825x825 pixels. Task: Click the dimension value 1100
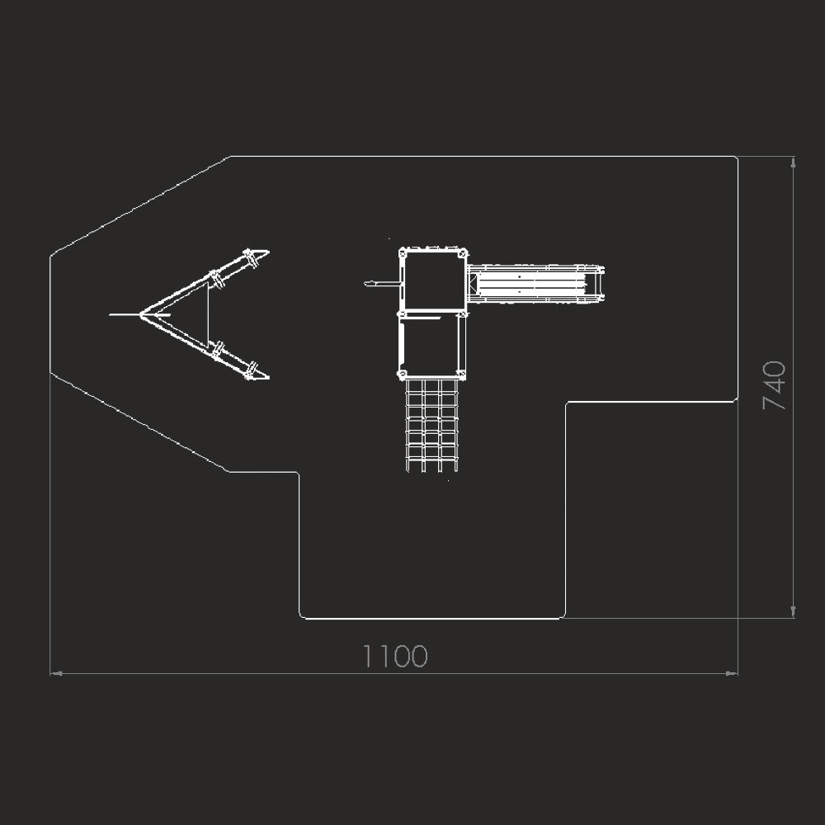tap(395, 656)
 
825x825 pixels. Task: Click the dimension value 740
tap(774, 385)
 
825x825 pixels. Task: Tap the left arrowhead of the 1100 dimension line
tap(56, 673)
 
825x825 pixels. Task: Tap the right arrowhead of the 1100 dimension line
tap(732, 673)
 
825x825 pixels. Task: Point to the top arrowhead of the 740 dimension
tap(793, 162)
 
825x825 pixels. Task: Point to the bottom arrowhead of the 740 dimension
tap(793, 612)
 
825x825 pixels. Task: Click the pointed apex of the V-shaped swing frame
tap(141, 314)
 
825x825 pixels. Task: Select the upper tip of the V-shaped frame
tap(266, 252)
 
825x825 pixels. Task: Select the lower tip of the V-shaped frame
tap(266, 377)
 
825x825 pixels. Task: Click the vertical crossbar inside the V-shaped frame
tap(208, 314)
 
